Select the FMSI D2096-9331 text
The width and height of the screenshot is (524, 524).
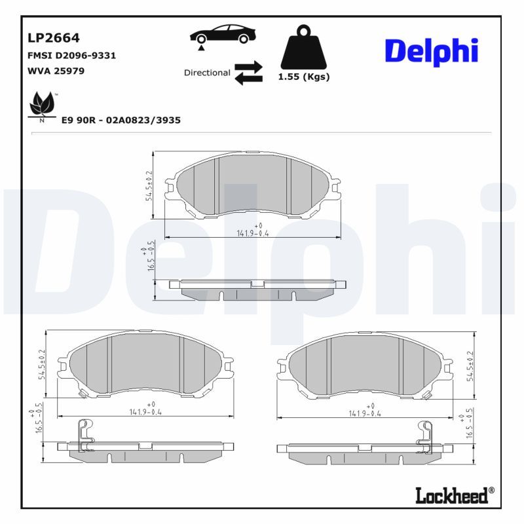point(71,56)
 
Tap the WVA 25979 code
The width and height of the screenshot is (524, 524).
point(56,70)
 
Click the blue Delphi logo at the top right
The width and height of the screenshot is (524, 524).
point(431,51)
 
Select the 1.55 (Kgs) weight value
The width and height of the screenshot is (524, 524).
point(303,77)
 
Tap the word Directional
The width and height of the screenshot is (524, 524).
point(206,73)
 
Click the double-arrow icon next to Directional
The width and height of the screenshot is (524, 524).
point(248,73)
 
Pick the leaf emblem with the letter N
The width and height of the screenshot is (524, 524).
point(43,106)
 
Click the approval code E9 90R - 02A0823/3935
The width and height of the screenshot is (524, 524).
point(121,121)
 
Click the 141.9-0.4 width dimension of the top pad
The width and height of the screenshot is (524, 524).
point(253,233)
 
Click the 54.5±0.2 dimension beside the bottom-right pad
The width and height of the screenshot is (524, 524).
point(469,365)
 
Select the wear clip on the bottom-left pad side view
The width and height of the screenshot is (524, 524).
point(84,436)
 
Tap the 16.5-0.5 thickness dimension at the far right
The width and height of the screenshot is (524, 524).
point(469,424)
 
